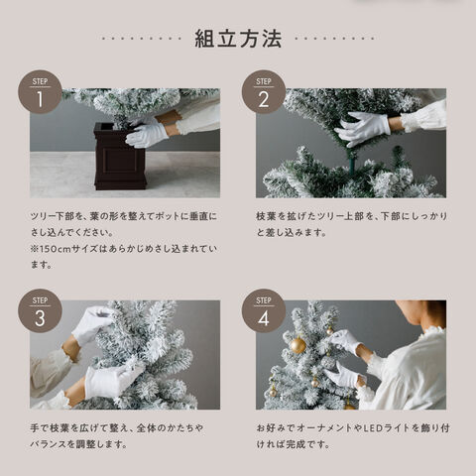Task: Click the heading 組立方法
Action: [238, 39]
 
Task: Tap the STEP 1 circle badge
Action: [40, 92]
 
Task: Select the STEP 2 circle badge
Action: [264, 92]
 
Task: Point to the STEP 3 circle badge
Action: [40, 311]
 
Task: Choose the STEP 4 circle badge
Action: [264, 311]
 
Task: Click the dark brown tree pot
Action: [120, 156]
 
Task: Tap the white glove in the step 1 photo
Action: [147, 135]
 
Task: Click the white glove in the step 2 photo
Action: [362, 128]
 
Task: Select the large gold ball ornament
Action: [298, 345]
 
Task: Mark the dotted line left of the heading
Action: [142, 39]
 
